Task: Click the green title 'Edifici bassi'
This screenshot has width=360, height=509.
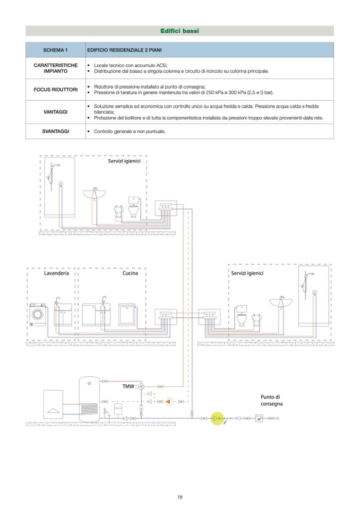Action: [x=179, y=31]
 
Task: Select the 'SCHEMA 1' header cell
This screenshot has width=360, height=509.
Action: [x=55, y=50]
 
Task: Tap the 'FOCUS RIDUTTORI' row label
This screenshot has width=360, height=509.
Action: [x=55, y=90]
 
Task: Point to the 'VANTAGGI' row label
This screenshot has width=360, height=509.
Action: [x=55, y=112]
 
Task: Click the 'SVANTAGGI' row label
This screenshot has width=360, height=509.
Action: [x=55, y=131]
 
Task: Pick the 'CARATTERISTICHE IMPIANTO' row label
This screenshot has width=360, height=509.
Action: [x=55, y=68]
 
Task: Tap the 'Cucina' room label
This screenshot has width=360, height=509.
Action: [x=130, y=273]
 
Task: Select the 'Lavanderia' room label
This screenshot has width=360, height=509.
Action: [x=56, y=273]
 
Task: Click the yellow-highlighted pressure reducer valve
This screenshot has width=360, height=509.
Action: [x=216, y=419]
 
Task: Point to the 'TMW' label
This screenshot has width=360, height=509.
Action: [x=128, y=386]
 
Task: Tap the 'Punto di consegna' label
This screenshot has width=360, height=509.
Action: [x=271, y=400]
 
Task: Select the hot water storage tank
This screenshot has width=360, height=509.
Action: [x=90, y=399]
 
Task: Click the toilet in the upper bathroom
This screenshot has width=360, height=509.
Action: [x=133, y=208]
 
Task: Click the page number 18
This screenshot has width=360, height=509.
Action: [x=180, y=497]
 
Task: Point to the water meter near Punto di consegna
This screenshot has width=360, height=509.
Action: [x=259, y=419]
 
